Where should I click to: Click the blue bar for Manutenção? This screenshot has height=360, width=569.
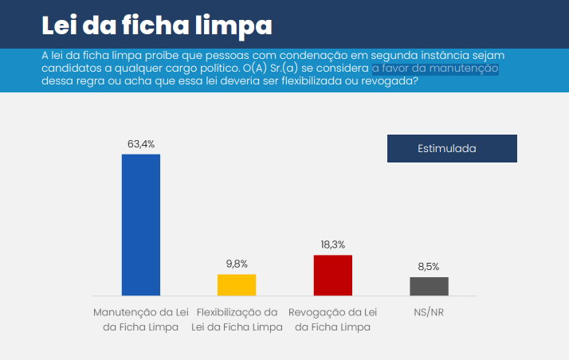pyautogui.click(x=140, y=225)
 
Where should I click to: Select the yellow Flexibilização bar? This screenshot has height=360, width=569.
pyautogui.click(x=237, y=285)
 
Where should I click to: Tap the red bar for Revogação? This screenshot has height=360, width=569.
pyautogui.click(x=333, y=276)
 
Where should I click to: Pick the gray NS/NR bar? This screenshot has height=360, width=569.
pyautogui.click(x=429, y=287)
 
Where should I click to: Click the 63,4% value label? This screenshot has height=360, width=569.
pyautogui.click(x=140, y=144)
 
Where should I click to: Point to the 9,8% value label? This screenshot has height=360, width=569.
pyautogui.click(x=237, y=264)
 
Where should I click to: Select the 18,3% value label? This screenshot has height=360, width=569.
pyautogui.click(x=333, y=245)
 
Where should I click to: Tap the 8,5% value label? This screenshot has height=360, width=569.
pyautogui.click(x=429, y=267)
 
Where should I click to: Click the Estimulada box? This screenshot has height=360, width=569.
pyautogui.click(x=452, y=149)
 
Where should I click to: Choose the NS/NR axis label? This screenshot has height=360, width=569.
pyautogui.click(x=429, y=312)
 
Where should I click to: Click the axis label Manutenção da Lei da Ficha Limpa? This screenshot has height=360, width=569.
pyautogui.click(x=140, y=319)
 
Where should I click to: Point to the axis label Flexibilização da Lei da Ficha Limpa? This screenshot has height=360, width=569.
pyautogui.click(x=237, y=319)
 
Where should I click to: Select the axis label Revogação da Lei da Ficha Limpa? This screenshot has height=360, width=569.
pyautogui.click(x=333, y=319)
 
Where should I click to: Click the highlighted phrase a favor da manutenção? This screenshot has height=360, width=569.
pyautogui.click(x=435, y=68)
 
